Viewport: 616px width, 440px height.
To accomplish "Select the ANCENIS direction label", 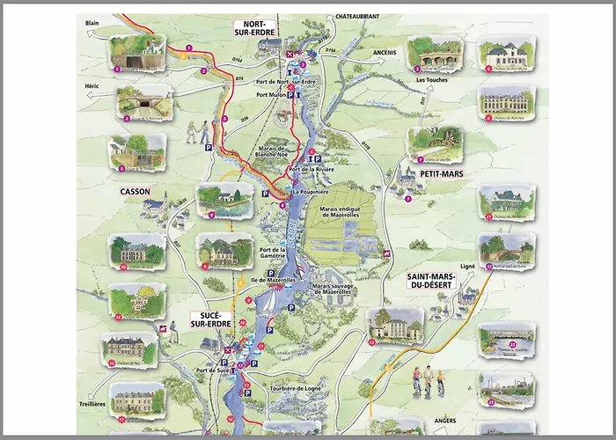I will [x=361, y=51].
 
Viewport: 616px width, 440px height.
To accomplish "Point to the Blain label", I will [x=92, y=22].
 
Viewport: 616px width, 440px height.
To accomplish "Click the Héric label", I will [x=92, y=86].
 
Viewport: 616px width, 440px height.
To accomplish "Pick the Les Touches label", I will [x=433, y=80].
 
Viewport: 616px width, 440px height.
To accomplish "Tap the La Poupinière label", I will [x=309, y=189].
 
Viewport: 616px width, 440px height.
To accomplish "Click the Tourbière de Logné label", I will [x=301, y=387].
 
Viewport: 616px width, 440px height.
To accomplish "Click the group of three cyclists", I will [x=428, y=379].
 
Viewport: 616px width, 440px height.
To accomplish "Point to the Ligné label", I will [x=467, y=265].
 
